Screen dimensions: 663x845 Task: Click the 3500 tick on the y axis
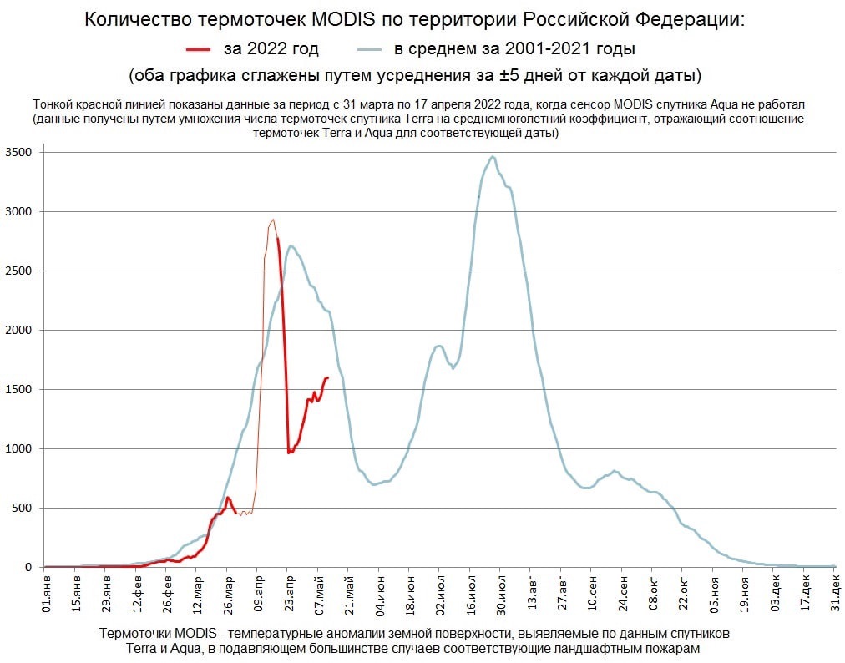18,153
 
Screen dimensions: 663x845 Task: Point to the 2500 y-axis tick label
18,271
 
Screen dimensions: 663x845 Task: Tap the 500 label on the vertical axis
22,508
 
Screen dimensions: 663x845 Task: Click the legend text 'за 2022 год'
271,48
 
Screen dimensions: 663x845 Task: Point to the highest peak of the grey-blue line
493,156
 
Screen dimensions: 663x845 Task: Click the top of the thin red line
272,220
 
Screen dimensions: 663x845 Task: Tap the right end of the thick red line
327,377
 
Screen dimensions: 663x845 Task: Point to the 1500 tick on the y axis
18,390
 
